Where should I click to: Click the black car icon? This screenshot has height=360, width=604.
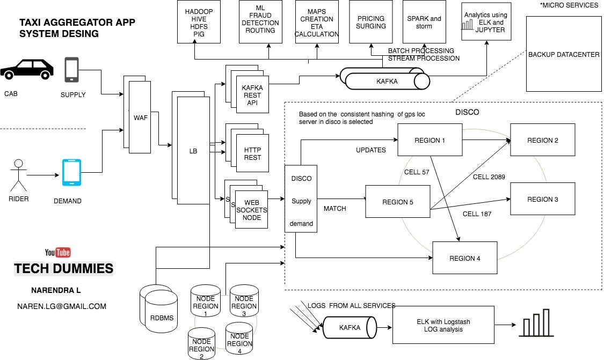tap(27, 70)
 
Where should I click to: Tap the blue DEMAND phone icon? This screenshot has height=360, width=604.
tap(71, 172)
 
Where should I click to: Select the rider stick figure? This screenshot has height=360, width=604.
tap(19, 174)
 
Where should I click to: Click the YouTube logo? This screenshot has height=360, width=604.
tap(57, 252)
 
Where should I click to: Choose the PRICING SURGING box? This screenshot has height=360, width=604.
tap(370, 22)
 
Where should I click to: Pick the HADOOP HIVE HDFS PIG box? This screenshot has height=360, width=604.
tap(199, 22)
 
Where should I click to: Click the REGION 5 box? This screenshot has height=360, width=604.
tap(397, 202)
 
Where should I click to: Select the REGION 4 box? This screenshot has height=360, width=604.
tap(464, 258)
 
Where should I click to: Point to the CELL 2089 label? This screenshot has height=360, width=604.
tap(489, 177)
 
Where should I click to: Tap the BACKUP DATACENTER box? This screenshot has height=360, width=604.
tap(563, 54)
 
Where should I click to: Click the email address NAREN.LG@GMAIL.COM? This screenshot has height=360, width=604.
tap(61, 306)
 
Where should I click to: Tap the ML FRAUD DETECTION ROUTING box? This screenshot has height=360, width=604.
tap(260, 22)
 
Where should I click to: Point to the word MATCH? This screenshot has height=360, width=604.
tap(334, 208)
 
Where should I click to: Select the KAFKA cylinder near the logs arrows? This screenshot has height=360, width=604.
tap(349, 327)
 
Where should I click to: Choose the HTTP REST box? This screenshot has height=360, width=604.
tap(252, 154)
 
